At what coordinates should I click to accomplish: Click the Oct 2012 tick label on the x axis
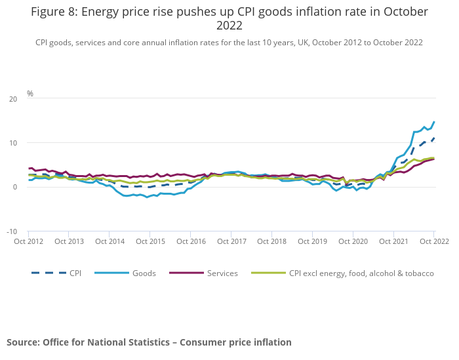click(28, 241)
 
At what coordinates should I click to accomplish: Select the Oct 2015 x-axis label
click(150, 241)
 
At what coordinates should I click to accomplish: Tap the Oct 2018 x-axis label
click(271, 241)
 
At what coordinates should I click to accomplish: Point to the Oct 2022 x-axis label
click(433, 241)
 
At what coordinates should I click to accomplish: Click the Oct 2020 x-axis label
click(353, 241)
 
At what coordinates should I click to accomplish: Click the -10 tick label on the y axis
click(12, 231)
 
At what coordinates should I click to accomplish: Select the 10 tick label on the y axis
click(14, 143)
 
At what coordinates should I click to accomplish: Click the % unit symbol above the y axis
click(30, 94)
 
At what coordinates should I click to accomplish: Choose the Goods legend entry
click(144, 273)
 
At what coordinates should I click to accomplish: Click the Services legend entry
click(222, 273)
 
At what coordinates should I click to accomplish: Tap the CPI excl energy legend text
click(361, 273)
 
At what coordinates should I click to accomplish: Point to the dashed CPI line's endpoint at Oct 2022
click(433, 138)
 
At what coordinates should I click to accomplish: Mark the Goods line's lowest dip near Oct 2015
click(147, 197)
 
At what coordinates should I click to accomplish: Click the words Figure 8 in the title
click(53, 12)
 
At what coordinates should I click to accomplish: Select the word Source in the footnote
click(23, 342)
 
